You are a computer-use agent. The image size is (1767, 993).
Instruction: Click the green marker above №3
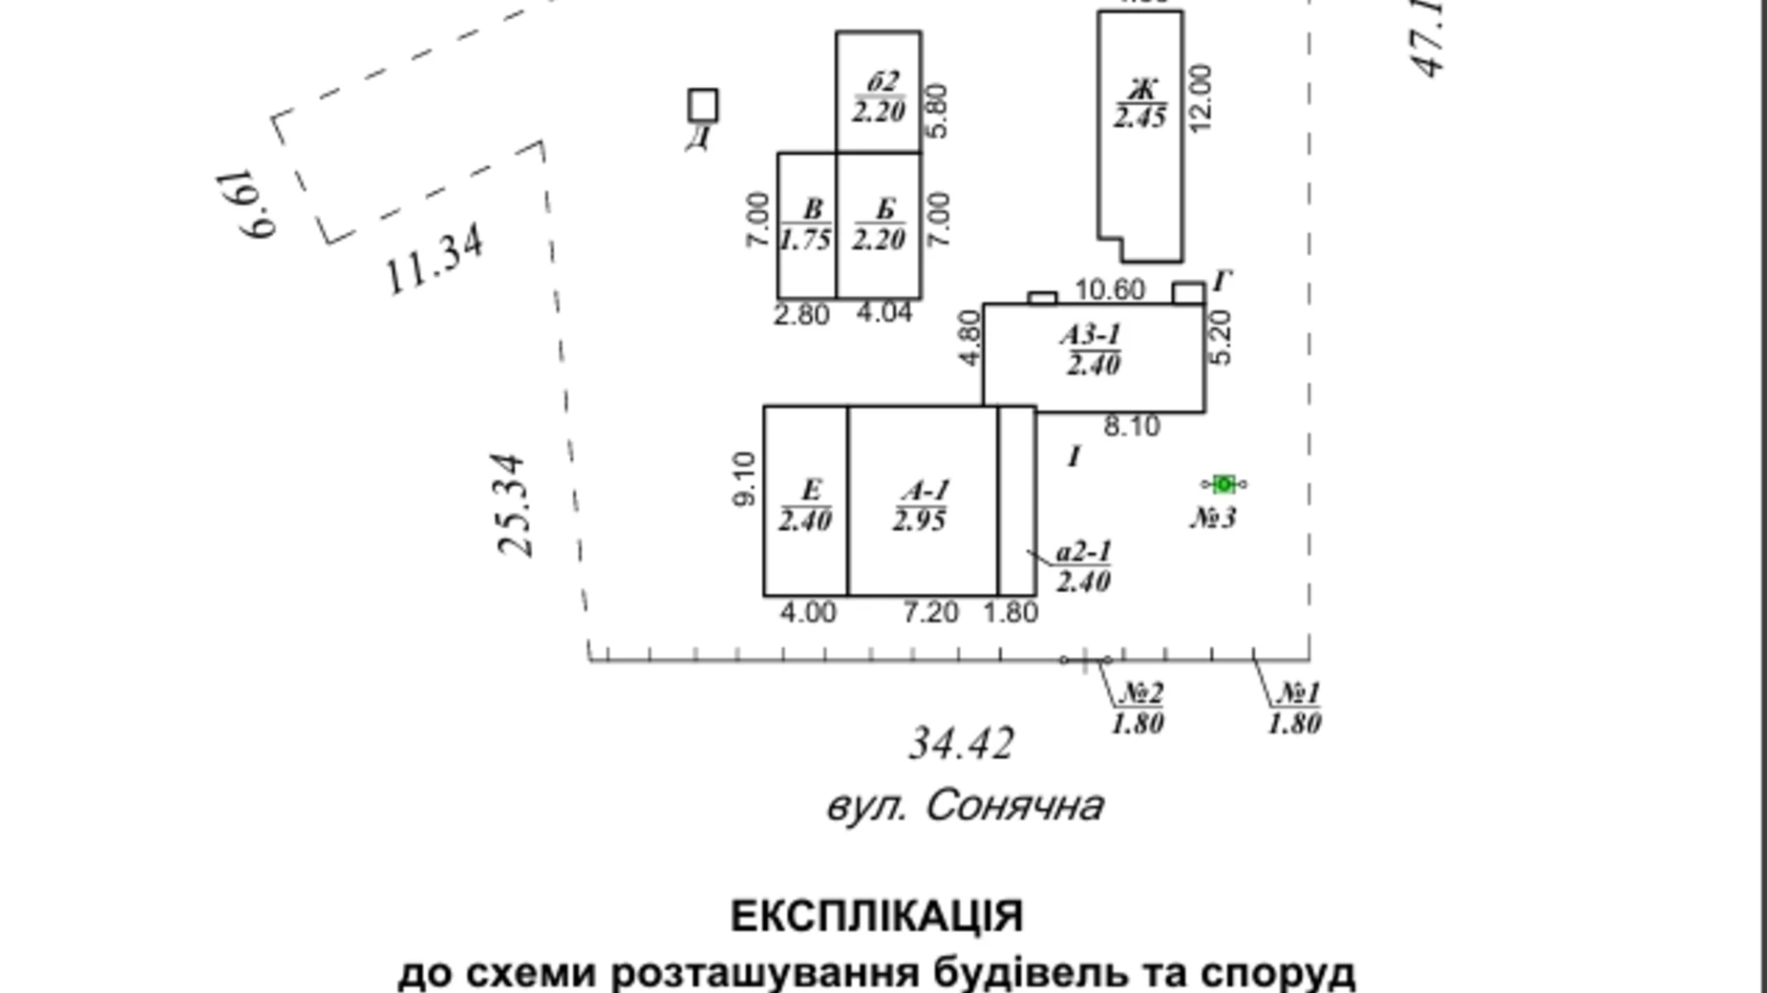[1224, 484]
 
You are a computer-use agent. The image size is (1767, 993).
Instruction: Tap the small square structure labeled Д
[703, 105]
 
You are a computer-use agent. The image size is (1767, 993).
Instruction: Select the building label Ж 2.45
[1139, 104]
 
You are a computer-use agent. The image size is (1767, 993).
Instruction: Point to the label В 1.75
[806, 225]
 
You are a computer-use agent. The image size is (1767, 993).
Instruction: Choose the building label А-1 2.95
[921, 506]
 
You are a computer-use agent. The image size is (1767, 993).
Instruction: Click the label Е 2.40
[805, 506]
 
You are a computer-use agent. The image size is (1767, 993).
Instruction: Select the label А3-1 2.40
[1092, 349]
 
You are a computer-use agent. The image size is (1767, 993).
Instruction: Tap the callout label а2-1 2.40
[1083, 567]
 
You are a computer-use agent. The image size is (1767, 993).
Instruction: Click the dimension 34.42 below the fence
[960, 744]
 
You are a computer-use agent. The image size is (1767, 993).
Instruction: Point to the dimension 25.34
[513, 505]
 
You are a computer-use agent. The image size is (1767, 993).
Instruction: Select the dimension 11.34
[435, 259]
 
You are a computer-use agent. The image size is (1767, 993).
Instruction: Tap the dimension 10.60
[1109, 289]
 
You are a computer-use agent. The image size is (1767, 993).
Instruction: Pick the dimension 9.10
[745, 478]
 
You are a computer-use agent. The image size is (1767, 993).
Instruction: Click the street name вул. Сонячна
[965, 807]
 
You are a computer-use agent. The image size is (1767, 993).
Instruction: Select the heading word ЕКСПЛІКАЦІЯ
[877, 917]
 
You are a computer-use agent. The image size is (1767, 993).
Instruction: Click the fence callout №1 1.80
[1295, 708]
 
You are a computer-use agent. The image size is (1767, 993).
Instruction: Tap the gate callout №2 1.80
[1139, 708]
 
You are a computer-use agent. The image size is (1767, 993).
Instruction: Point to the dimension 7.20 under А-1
[930, 612]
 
